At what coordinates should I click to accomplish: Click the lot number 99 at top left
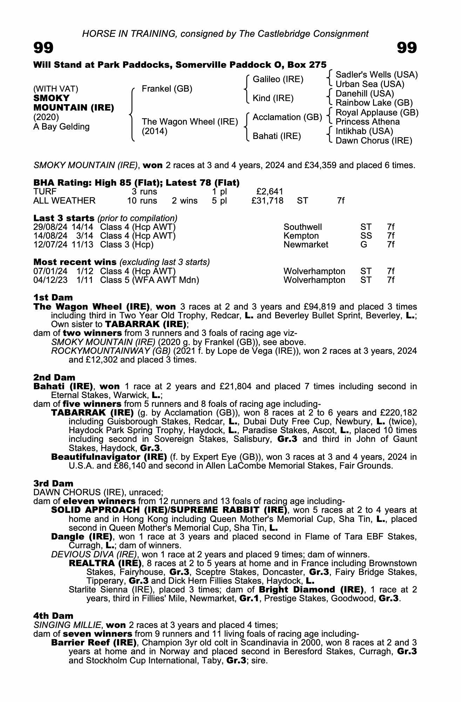[43, 48]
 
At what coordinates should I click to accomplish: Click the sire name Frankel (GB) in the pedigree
[167, 89]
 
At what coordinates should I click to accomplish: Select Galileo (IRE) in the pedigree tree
[278, 79]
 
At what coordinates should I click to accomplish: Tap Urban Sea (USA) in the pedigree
[370, 84]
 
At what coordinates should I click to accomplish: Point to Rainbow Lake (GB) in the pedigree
[374, 103]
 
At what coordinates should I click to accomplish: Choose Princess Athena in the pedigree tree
[367, 122]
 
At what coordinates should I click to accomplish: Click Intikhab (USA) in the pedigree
[364, 131]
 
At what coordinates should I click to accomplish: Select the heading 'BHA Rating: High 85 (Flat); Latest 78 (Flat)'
[136, 183]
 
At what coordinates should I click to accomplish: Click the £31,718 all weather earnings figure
[267, 201]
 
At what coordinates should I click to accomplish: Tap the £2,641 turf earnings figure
[270, 192]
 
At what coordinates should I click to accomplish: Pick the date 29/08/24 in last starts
[50, 227]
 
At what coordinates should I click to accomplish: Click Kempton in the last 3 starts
[301, 236]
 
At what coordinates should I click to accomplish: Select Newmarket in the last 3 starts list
[306, 245]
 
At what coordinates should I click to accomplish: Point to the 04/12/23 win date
[50, 280]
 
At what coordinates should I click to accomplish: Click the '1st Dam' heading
[53, 298]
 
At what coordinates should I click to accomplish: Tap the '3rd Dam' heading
[53, 484]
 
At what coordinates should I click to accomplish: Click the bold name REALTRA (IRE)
[105, 563]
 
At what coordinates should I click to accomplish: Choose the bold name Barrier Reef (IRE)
[94, 643]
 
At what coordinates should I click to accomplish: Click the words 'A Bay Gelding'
[61, 127]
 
